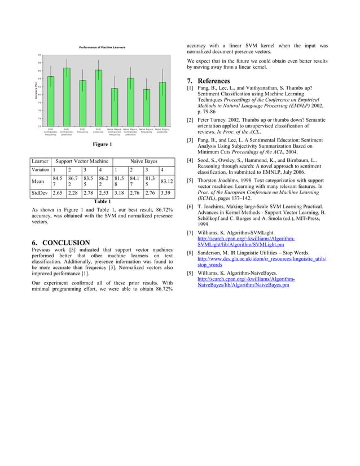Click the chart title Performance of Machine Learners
pos(102,47)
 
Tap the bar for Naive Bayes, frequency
pos(147,107)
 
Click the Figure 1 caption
pos(102,145)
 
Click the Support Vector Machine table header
pos(82,161)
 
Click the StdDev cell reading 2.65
pos(57,194)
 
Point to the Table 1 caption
pos(102,201)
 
